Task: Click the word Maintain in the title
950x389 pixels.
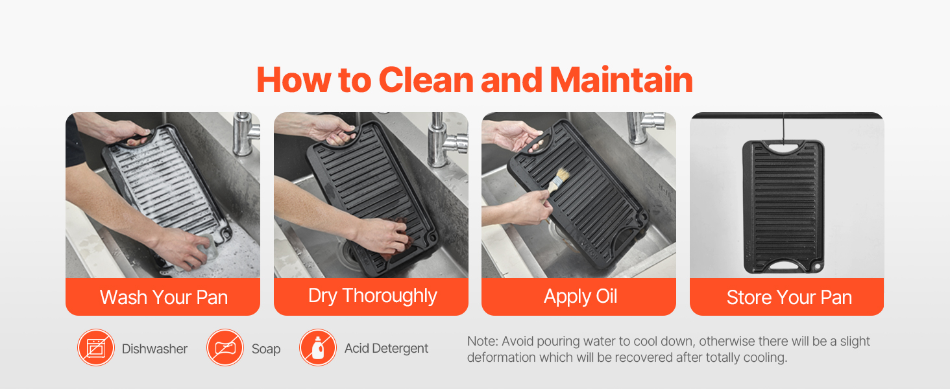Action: point(621,80)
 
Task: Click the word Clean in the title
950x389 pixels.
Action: point(426,80)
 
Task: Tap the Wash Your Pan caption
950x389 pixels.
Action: point(164,297)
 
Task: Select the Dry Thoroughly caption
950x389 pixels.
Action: point(372,296)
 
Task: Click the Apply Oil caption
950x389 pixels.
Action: point(580,297)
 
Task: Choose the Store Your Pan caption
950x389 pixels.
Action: point(789,298)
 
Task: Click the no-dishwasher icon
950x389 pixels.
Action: point(96,348)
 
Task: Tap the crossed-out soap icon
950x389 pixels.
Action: point(225,348)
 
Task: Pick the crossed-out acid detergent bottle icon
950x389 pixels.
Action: point(318,348)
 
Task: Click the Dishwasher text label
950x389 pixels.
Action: point(154,349)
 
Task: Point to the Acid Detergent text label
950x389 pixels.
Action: point(386,348)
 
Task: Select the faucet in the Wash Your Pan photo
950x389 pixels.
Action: point(245,134)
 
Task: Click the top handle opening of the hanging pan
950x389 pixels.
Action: point(783,148)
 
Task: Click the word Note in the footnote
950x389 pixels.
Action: point(483,341)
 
